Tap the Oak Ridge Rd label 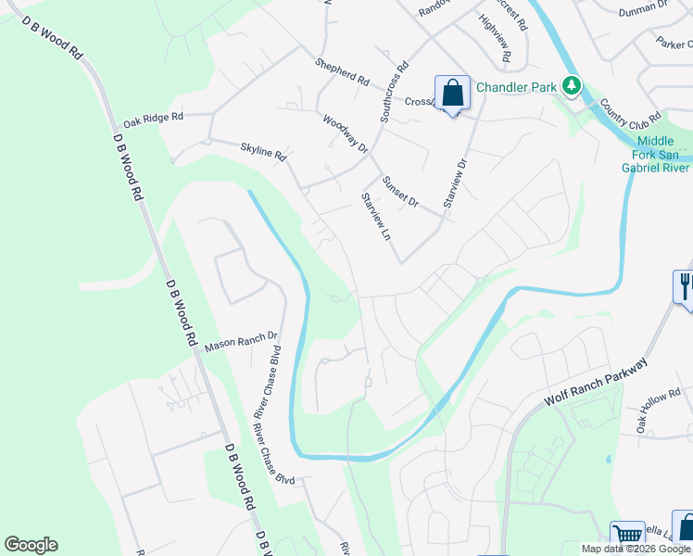click(154, 120)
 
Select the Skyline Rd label click(262, 152)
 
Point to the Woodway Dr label click(346, 134)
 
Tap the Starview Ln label click(375, 217)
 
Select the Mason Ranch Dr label click(241, 342)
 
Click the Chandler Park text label click(516, 87)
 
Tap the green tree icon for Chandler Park click(572, 86)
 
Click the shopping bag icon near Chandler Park click(452, 94)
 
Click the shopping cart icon click(627, 536)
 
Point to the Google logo click(31, 545)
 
